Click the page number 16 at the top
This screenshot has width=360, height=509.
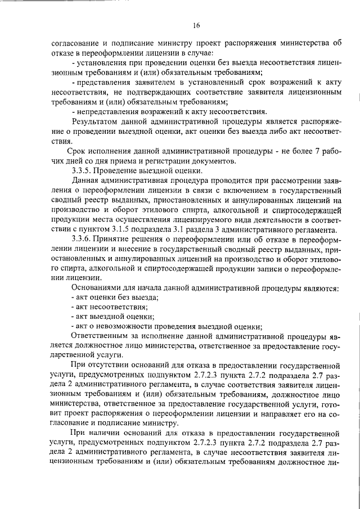tap(196, 25)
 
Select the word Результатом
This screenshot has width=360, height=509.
tap(96, 121)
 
